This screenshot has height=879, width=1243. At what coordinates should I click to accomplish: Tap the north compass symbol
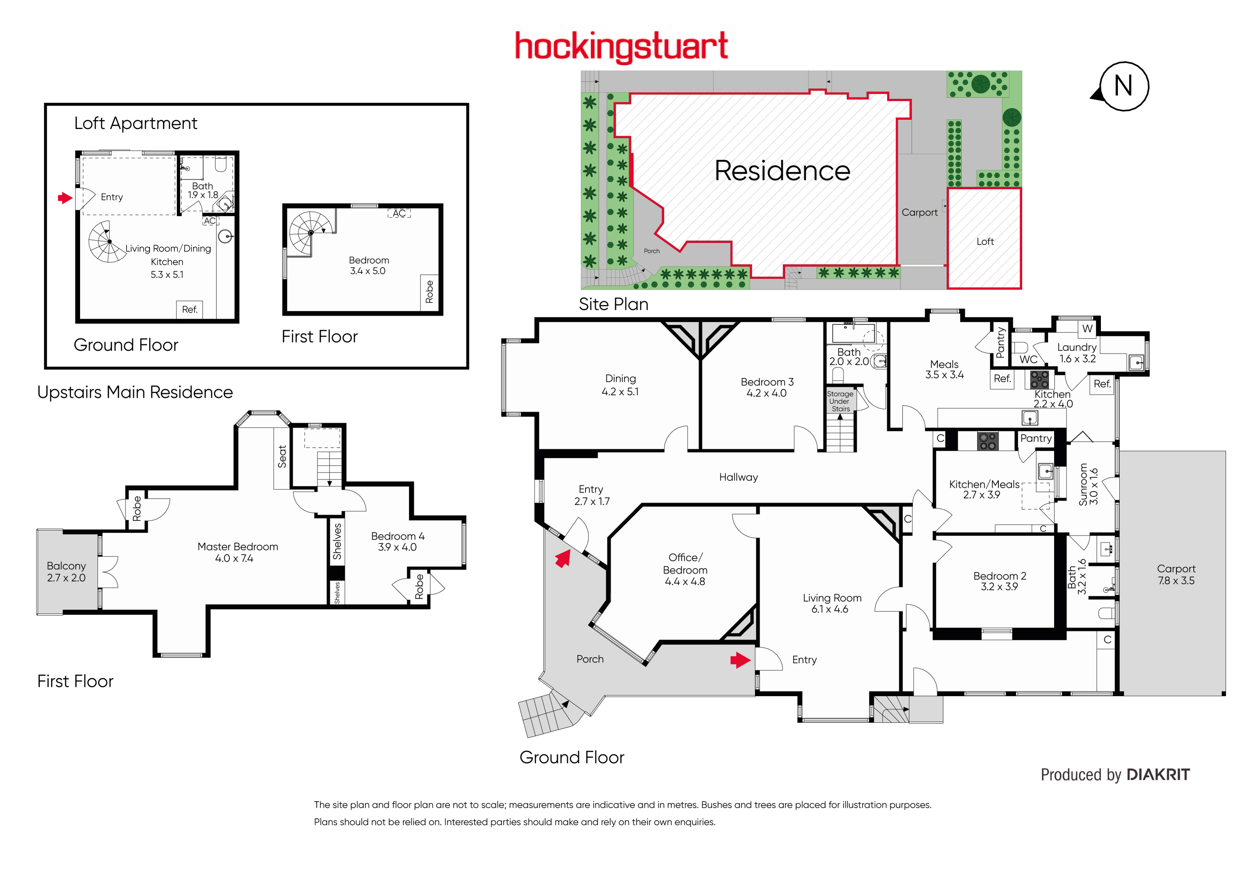(1122, 86)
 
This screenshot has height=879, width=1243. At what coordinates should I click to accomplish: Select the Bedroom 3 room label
(767, 387)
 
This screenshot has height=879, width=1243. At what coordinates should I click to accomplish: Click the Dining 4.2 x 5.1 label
(620, 385)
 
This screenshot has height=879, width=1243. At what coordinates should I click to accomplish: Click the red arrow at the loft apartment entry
(65, 198)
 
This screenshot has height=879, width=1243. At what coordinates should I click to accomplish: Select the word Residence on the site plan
(782, 171)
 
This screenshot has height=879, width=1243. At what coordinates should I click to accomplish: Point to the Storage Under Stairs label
(840, 401)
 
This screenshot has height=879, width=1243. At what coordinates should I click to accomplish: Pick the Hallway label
(738, 477)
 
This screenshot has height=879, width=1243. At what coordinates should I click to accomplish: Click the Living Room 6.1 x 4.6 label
(832, 603)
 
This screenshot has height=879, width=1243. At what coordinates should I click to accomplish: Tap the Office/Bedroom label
(685, 569)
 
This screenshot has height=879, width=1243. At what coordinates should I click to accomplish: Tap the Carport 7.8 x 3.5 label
(1176, 575)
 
